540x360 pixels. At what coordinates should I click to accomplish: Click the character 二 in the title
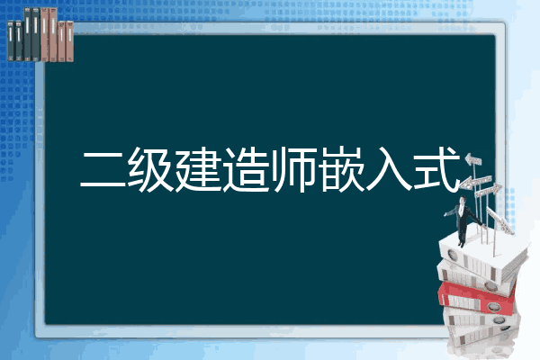click(103, 169)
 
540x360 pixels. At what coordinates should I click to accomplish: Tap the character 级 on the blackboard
click(150, 169)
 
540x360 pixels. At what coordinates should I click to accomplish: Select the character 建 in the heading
click(198, 169)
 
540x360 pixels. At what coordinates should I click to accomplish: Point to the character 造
click(246, 169)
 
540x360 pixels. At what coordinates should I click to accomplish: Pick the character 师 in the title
click(293, 169)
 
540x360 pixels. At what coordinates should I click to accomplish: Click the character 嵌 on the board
click(341, 169)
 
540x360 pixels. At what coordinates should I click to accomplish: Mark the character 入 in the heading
click(389, 169)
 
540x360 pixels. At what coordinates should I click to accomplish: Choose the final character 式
click(436, 169)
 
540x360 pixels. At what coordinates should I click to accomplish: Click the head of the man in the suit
click(463, 201)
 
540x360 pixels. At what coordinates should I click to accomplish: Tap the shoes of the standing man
click(461, 244)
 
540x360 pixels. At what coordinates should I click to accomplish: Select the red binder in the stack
click(476, 297)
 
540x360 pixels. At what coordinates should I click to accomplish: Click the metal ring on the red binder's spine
click(493, 306)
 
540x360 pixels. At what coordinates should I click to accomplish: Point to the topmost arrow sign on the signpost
click(473, 160)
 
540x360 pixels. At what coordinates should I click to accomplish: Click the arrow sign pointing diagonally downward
click(500, 220)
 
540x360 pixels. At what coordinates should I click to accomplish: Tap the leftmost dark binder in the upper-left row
click(11, 41)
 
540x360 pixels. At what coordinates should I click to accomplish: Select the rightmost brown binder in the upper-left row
click(70, 41)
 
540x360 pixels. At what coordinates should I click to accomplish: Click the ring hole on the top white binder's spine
click(452, 256)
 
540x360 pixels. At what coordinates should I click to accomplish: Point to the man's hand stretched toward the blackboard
click(446, 214)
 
